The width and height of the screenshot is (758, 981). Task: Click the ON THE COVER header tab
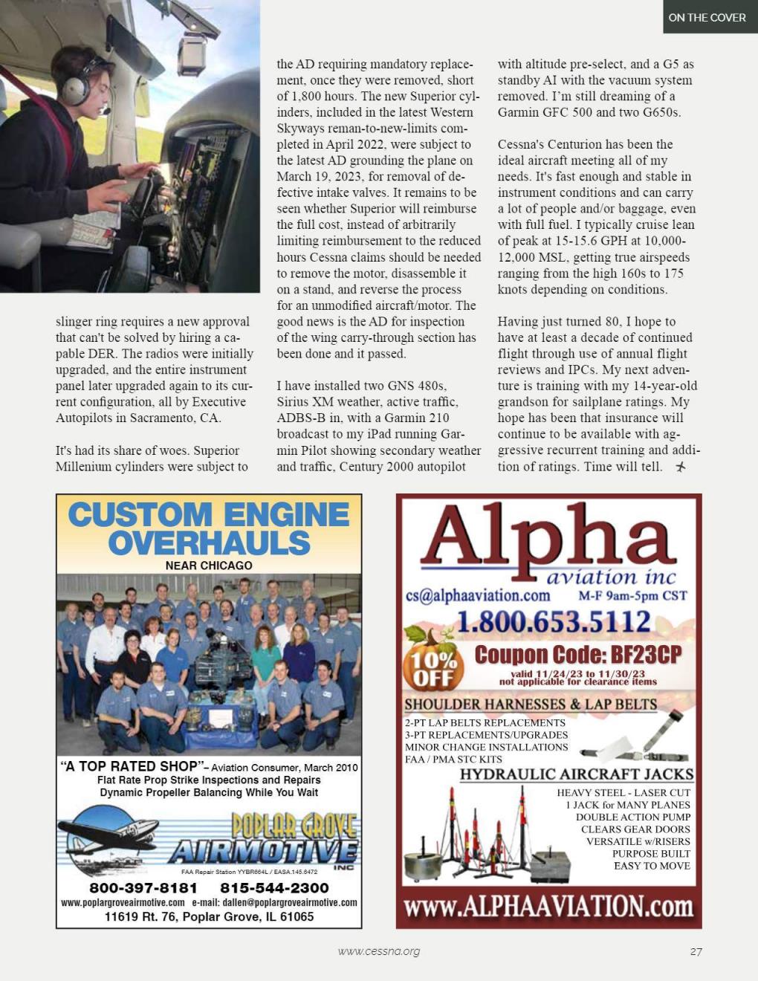707,17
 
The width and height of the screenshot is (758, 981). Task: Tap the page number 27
696,951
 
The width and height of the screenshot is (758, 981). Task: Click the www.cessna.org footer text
378,951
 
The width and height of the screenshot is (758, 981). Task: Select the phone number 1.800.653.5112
553,622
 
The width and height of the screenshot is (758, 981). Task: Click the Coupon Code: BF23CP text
577,655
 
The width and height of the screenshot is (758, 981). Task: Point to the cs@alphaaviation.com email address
477,595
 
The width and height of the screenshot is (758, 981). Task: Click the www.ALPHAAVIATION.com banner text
548,907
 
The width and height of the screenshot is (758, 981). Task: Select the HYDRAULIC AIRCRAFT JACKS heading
576,774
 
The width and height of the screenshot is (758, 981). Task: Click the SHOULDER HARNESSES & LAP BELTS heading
530,704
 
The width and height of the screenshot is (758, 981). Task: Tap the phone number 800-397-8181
143,888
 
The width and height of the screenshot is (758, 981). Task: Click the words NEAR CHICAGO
209,566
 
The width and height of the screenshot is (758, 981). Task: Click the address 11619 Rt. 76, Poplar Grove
209,917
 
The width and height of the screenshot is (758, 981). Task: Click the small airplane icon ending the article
680,467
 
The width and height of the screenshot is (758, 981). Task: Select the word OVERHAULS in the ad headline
209,543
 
